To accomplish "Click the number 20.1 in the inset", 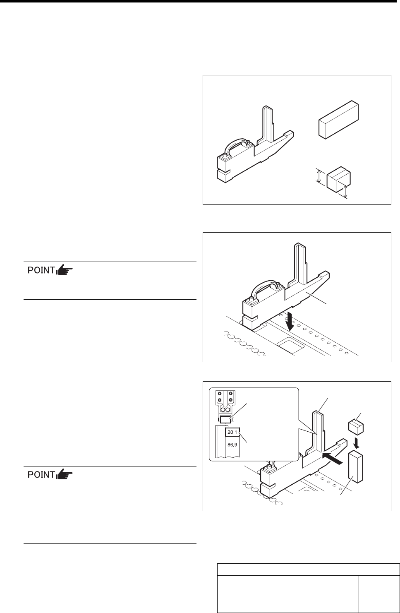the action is point(232,432).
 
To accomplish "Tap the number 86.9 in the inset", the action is point(232,445).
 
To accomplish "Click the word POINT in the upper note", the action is point(41,270).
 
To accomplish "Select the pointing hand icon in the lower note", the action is point(65,474).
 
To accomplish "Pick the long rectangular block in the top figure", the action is point(338,120).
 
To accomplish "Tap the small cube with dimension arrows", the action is point(339,179).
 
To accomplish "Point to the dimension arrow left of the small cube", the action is point(318,175).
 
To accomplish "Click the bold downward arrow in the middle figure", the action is point(289,322).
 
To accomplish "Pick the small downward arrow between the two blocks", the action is point(356,443).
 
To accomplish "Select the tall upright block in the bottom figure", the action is point(355,467).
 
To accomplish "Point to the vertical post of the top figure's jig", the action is point(267,125).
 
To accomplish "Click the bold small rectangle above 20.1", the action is point(225,419).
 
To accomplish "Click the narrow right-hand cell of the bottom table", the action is point(379,594).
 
